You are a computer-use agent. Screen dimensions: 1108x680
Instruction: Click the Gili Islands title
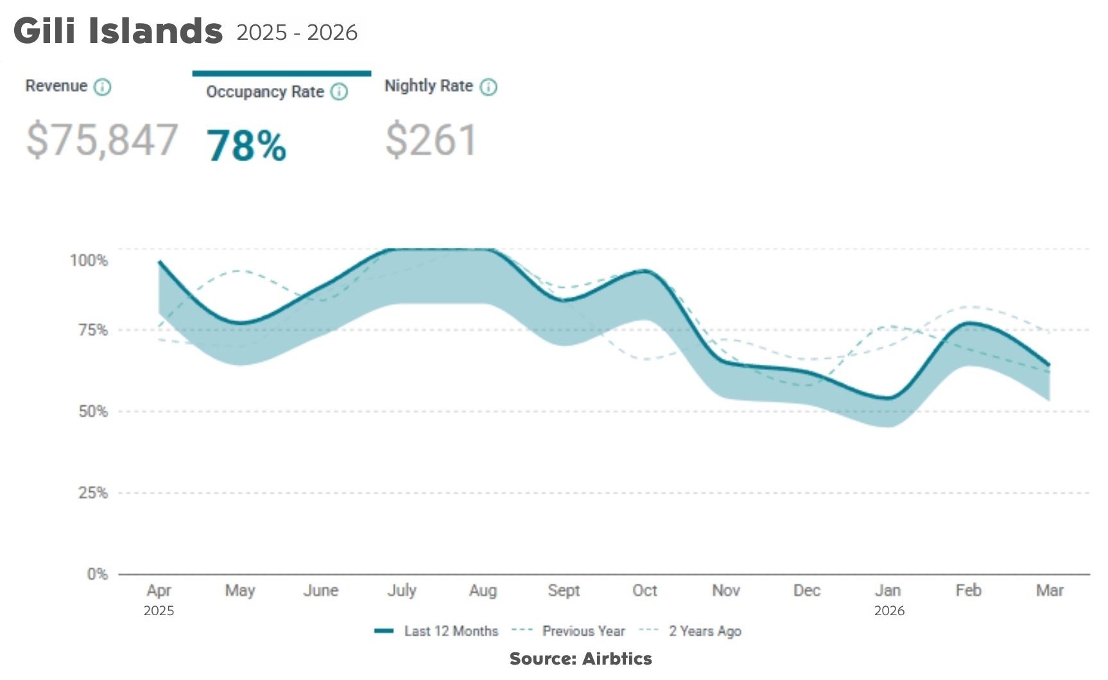tap(118, 31)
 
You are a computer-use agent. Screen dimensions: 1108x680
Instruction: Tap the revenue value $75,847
tap(101, 140)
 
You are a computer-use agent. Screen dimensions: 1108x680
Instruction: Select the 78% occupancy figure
tap(247, 146)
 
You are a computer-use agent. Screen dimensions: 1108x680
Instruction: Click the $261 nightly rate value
tap(431, 140)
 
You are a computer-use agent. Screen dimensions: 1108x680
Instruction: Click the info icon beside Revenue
tap(103, 87)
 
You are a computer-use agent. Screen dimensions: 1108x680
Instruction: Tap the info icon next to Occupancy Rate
tap(339, 92)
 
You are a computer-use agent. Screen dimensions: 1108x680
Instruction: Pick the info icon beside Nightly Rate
tap(489, 87)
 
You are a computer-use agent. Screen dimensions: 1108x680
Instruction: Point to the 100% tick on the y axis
tap(89, 260)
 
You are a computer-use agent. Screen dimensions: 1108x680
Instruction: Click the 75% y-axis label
tap(93, 330)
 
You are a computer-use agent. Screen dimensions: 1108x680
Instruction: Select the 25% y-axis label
tap(93, 493)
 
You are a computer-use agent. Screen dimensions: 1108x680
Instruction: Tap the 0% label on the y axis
tap(98, 574)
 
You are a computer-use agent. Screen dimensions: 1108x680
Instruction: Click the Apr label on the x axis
tap(159, 591)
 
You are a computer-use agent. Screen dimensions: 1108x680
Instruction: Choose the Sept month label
tap(564, 591)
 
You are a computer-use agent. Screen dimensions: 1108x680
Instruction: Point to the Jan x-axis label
tap(888, 590)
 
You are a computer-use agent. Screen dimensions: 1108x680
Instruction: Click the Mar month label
tap(1050, 590)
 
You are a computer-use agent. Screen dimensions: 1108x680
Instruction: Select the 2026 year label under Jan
tap(889, 611)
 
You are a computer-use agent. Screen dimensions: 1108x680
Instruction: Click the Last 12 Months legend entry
tap(437, 631)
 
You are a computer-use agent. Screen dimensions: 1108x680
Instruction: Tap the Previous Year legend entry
tap(569, 631)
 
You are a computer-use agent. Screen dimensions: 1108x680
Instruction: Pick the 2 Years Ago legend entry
tap(690, 631)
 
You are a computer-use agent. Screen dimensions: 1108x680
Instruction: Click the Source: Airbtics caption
tap(581, 659)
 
